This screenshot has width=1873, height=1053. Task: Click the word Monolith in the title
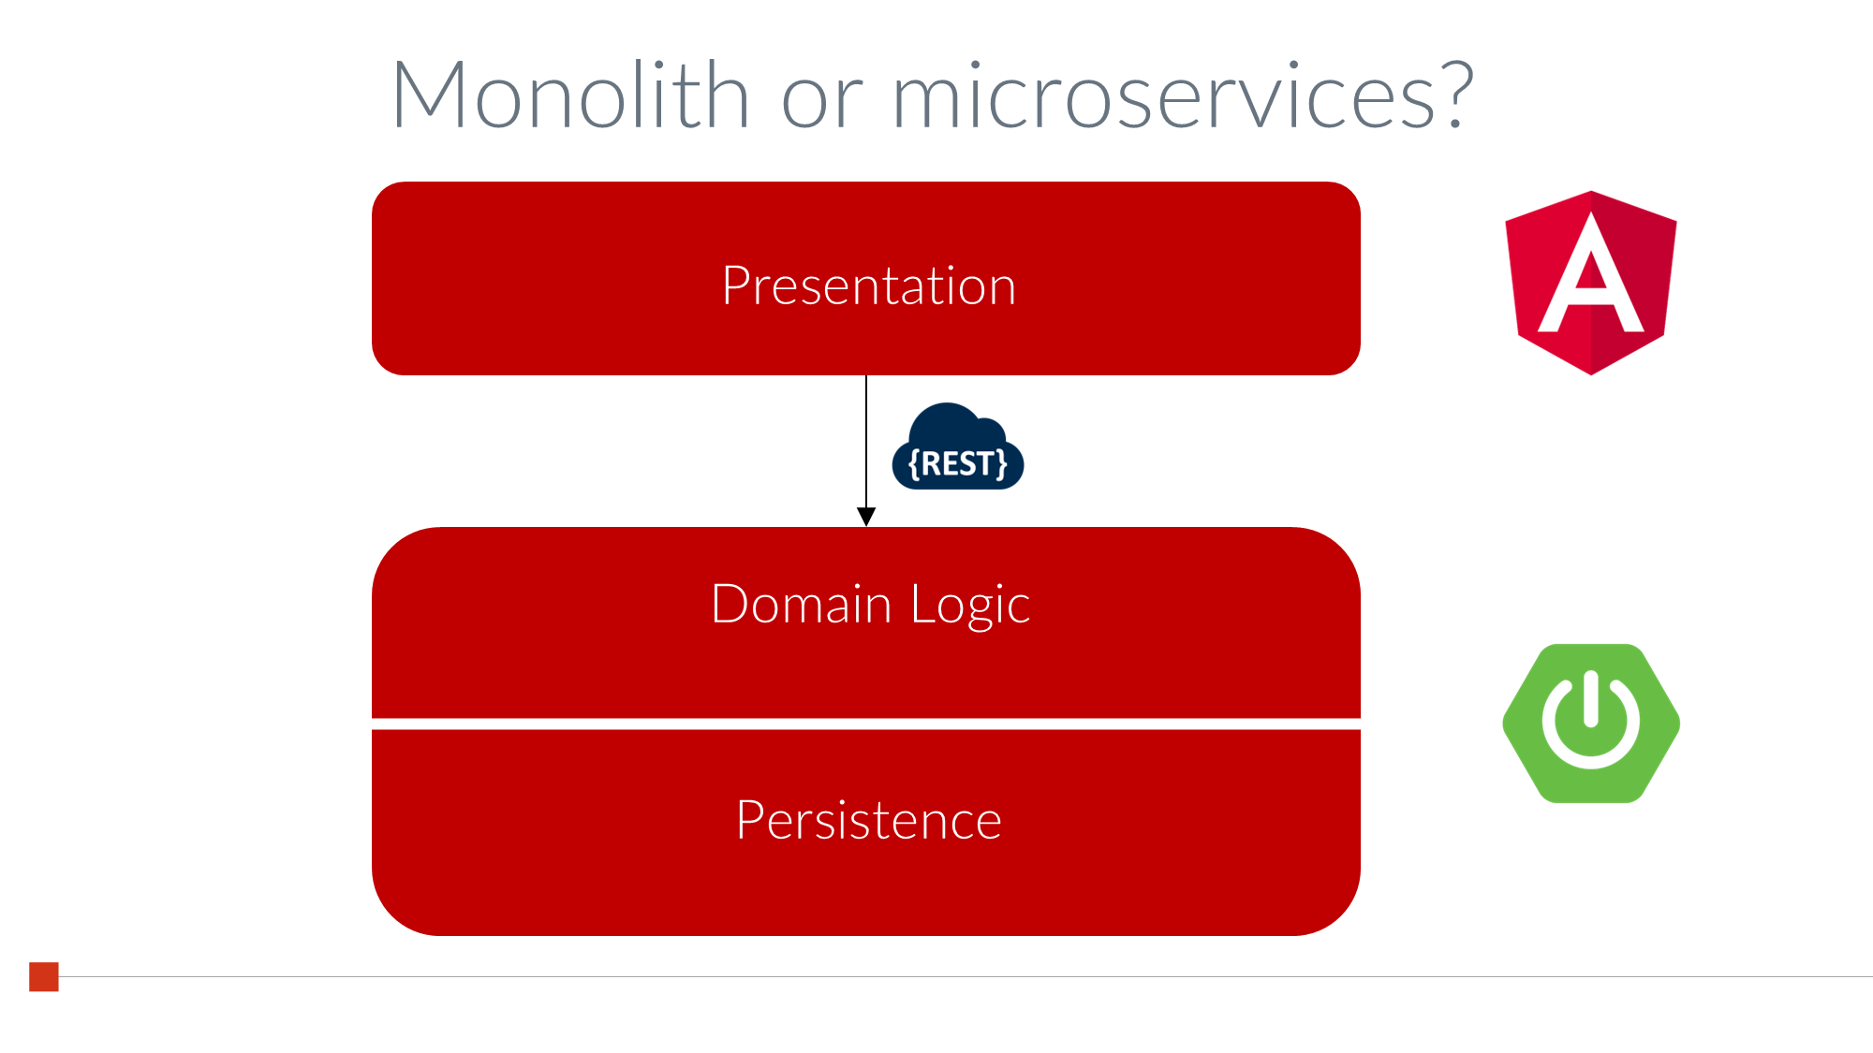[570, 95]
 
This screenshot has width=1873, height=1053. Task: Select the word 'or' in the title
[821, 101]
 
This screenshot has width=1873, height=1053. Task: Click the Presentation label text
[869, 285]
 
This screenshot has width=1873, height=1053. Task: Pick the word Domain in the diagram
[801, 604]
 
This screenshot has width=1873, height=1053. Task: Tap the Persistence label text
[869, 820]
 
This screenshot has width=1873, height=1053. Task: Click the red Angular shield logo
[1591, 283]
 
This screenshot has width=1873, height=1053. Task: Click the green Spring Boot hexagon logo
[1591, 723]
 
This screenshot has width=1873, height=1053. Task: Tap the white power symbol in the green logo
[1591, 720]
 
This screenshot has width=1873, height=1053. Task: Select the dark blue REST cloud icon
[958, 446]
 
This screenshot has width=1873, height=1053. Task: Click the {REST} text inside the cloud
[958, 463]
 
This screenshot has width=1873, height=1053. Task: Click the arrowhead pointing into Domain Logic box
[866, 517]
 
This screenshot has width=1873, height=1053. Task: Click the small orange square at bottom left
[44, 976]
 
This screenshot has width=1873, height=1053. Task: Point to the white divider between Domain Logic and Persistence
[866, 724]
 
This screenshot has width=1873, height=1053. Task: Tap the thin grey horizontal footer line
[966, 976]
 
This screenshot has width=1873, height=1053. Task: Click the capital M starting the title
[428, 94]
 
